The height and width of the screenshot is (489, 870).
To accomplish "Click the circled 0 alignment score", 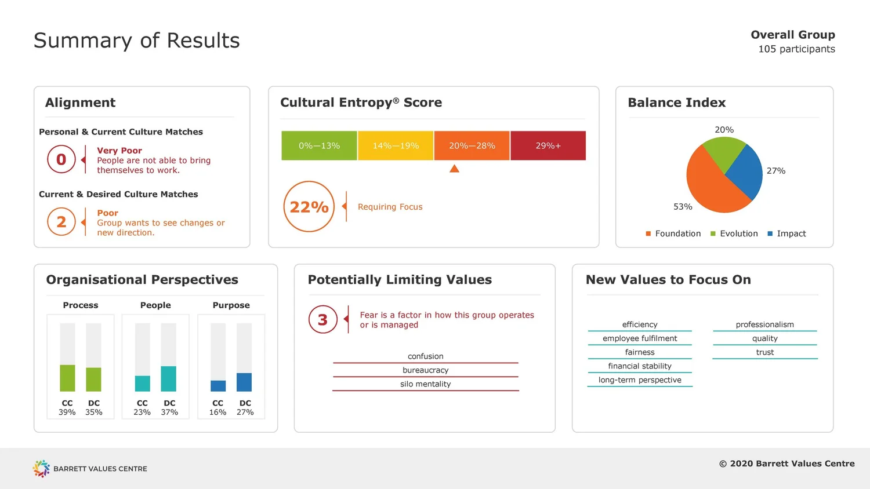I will (61, 159).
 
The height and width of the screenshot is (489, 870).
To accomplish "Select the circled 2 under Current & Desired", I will (61, 222).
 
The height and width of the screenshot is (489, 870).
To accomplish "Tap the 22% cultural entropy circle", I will (309, 207).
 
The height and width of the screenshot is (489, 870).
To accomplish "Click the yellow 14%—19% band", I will (396, 145).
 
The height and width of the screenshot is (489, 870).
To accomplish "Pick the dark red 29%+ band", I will (548, 145).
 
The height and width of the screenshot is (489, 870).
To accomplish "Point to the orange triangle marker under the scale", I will (454, 169).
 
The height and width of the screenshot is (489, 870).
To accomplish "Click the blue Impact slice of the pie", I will (746, 172).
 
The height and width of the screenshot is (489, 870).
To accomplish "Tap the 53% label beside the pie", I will (683, 207).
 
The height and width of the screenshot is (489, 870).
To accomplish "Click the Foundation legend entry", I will (673, 233).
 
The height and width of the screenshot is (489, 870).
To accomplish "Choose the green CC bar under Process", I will (67, 378).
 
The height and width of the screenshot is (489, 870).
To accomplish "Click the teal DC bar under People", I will (169, 378).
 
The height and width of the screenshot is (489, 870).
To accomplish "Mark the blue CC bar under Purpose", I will (218, 386).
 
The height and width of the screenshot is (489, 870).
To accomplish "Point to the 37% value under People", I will (169, 413).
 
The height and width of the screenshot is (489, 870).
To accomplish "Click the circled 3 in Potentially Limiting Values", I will (323, 320).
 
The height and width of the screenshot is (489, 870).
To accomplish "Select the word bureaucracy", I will (426, 370).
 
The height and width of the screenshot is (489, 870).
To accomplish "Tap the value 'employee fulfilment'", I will (640, 338).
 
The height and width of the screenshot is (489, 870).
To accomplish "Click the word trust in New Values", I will (765, 352).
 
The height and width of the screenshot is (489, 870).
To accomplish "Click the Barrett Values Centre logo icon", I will (41, 468).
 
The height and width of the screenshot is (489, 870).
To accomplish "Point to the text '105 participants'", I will (796, 49).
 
